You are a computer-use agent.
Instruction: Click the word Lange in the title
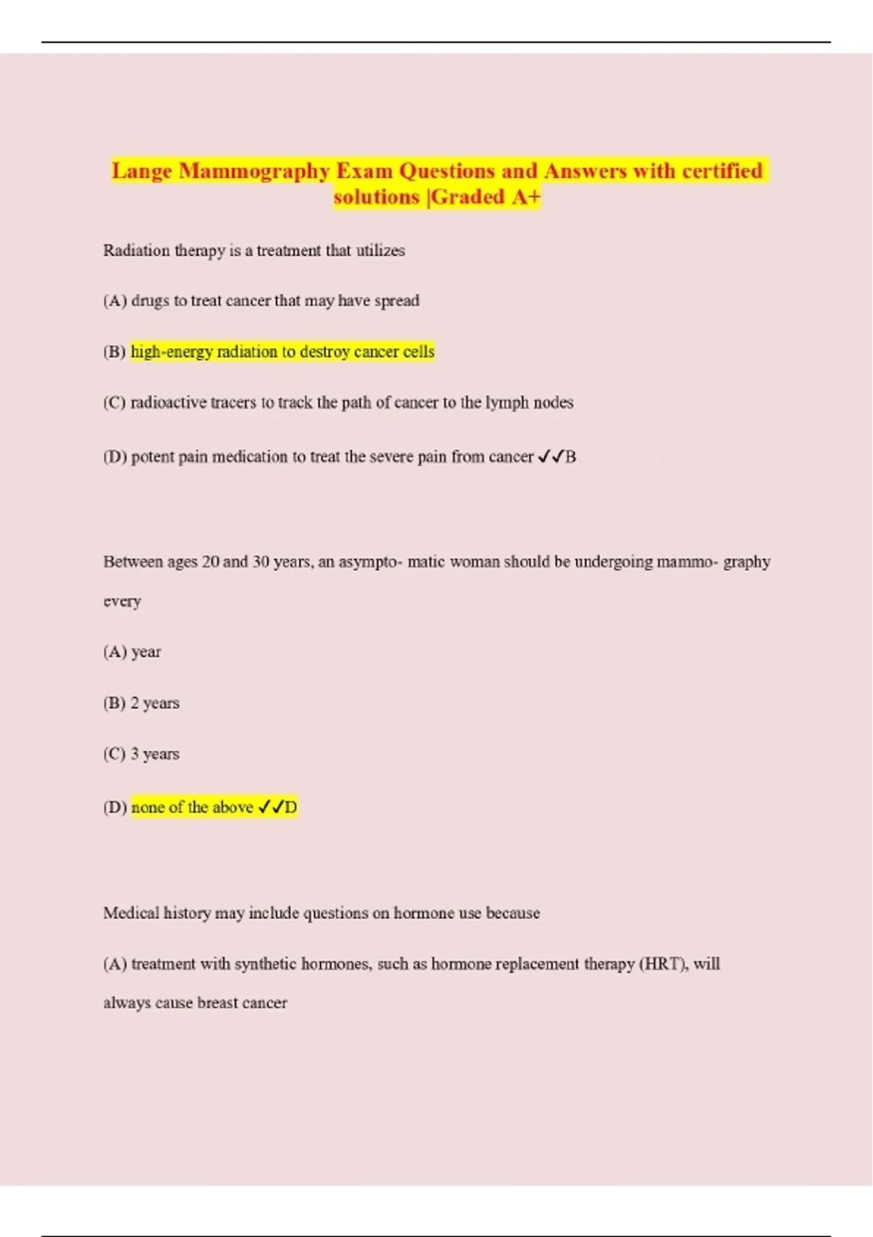(x=142, y=171)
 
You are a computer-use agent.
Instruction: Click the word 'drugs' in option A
(x=150, y=301)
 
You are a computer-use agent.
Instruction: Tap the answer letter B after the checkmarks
(x=571, y=457)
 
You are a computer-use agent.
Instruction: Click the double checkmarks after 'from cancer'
(x=550, y=457)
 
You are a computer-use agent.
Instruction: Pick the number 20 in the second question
(x=210, y=562)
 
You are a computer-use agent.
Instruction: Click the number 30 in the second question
(x=260, y=562)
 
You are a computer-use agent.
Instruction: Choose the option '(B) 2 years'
(x=141, y=703)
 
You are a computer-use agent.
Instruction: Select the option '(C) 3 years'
(x=141, y=754)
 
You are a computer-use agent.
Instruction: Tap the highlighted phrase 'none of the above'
(x=192, y=808)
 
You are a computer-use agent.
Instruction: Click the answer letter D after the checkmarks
(x=291, y=808)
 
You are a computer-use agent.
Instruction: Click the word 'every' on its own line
(x=122, y=602)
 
